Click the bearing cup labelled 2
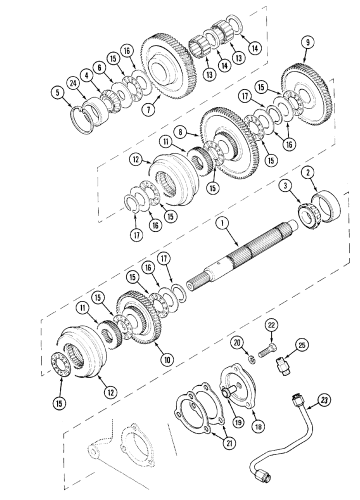click(326, 205)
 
